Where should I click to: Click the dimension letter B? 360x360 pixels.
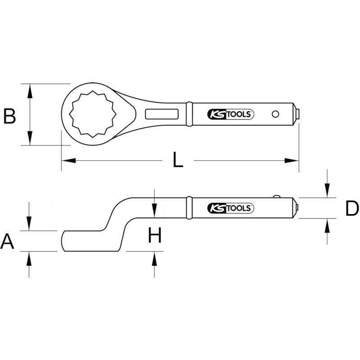point(10,116)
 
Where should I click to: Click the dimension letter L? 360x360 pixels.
point(179,160)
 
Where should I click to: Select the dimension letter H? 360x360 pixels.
point(155,235)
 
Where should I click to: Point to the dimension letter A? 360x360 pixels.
point(8,242)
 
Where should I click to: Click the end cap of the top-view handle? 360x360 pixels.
point(297,114)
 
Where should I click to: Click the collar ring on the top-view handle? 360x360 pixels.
point(189,114)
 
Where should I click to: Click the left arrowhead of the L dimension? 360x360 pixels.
point(66,160)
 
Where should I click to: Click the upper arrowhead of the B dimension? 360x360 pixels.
point(30,90)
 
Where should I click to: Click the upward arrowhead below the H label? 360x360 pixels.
point(154,257)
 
